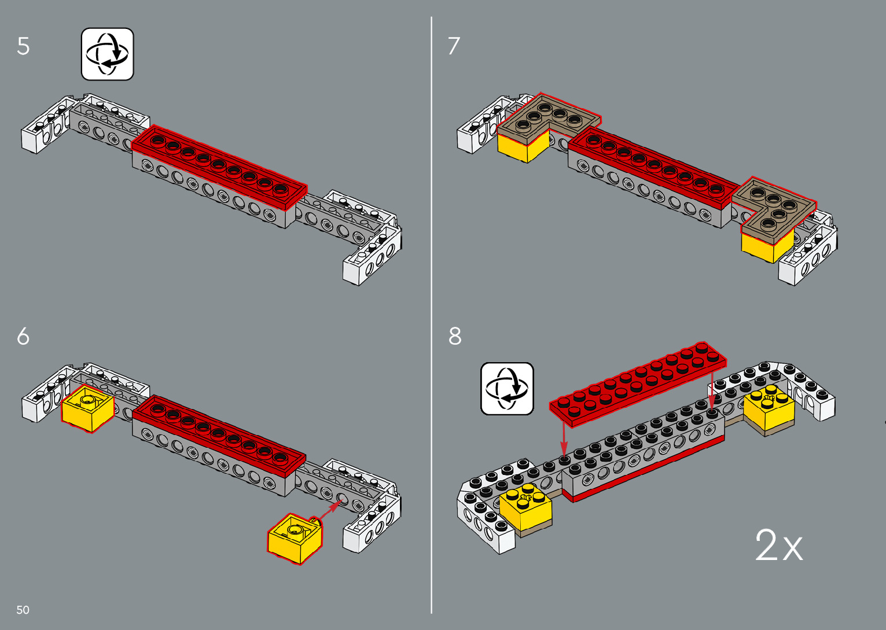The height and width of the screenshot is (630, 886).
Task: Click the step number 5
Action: [x=23, y=46]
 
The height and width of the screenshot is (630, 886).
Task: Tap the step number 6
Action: [x=23, y=336]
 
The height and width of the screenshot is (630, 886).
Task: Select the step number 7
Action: [x=454, y=46]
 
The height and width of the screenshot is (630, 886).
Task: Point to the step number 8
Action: [x=455, y=336]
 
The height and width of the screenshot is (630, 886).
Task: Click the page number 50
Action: [x=23, y=610]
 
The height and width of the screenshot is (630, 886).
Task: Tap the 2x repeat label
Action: [x=779, y=546]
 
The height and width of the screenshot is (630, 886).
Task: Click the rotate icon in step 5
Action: [x=108, y=54]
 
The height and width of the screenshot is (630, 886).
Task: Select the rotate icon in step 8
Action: [x=507, y=389]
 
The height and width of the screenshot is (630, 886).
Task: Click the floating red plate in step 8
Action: [x=638, y=384]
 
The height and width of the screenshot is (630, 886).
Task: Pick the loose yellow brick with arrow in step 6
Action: [x=295, y=537]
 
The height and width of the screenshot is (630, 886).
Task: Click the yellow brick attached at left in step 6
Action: [x=88, y=408]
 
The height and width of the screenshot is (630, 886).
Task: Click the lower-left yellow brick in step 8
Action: [x=525, y=507]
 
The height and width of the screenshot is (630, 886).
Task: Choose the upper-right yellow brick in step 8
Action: [x=769, y=410]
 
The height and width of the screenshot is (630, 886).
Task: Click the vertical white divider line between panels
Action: [x=432, y=315]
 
